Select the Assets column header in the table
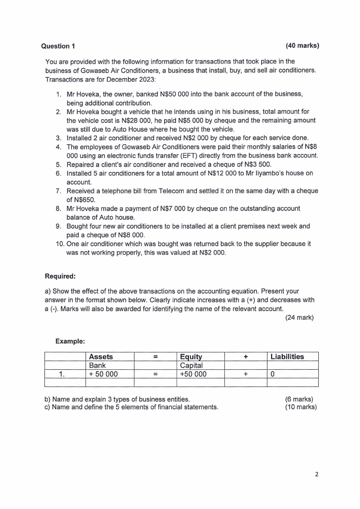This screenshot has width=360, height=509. pos(101,357)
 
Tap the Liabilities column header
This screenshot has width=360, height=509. pos(287,357)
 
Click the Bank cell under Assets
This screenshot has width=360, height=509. pos(97,365)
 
